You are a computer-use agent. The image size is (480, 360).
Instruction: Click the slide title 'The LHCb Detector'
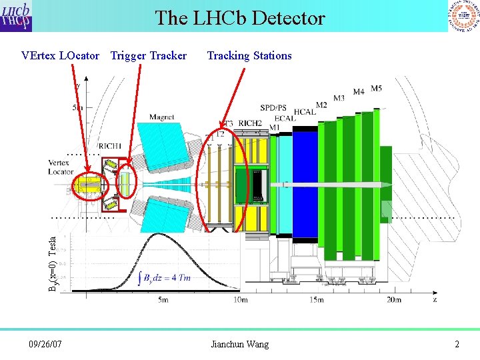click(x=240, y=18)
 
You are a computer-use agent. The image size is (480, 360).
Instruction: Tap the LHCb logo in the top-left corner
click(x=17, y=16)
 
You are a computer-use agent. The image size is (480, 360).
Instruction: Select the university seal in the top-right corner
click(x=463, y=16)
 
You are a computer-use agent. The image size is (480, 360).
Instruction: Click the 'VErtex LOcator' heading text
click(x=60, y=56)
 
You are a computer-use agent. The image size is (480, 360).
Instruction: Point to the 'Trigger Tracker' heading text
click(x=149, y=56)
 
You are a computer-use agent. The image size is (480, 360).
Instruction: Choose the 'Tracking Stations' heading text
click(x=249, y=56)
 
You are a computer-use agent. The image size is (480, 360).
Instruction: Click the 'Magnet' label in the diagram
click(x=161, y=117)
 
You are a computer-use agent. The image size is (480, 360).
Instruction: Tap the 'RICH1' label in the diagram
click(x=109, y=146)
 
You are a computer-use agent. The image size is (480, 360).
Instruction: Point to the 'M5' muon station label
click(x=377, y=88)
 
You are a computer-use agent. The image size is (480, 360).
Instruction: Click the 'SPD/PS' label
click(x=273, y=107)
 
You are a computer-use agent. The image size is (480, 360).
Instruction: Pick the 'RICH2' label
click(x=250, y=123)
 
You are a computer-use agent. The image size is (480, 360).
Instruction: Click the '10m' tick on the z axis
click(x=241, y=301)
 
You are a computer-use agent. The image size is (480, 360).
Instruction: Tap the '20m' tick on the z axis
click(x=394, y=301)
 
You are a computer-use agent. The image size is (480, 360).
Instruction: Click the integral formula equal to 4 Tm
click(x=164, y=279)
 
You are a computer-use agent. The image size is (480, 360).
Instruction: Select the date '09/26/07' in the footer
click(x=45, y=344)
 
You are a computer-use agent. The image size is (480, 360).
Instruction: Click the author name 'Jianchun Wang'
click(x=239, y=344)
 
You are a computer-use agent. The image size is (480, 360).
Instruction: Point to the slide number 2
click(x=457, y=344)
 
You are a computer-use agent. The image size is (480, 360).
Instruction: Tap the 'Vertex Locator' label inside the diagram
click(x=61, y=167)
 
